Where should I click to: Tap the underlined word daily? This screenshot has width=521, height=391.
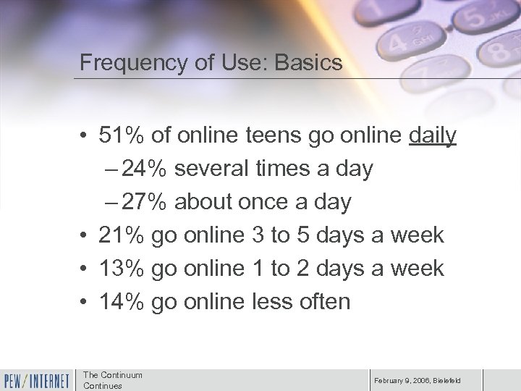coord(432,135)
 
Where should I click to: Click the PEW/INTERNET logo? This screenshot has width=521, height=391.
coord(36,379)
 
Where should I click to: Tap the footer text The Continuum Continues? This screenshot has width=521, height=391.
coord(113,380)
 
